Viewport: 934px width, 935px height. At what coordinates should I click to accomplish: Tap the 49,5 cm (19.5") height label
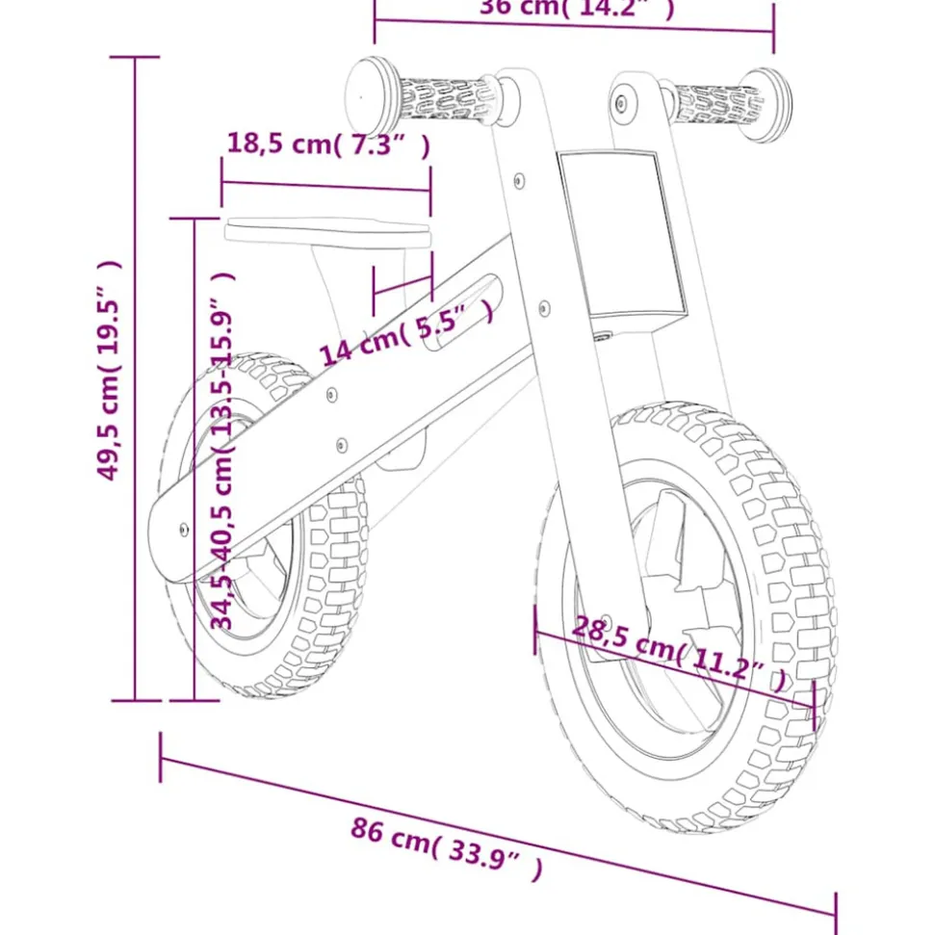113,371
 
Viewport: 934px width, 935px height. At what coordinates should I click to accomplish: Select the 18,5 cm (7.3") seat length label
327,145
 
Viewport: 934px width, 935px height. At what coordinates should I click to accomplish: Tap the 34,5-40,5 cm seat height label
223,451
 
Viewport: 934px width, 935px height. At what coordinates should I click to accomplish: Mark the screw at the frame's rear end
183,528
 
